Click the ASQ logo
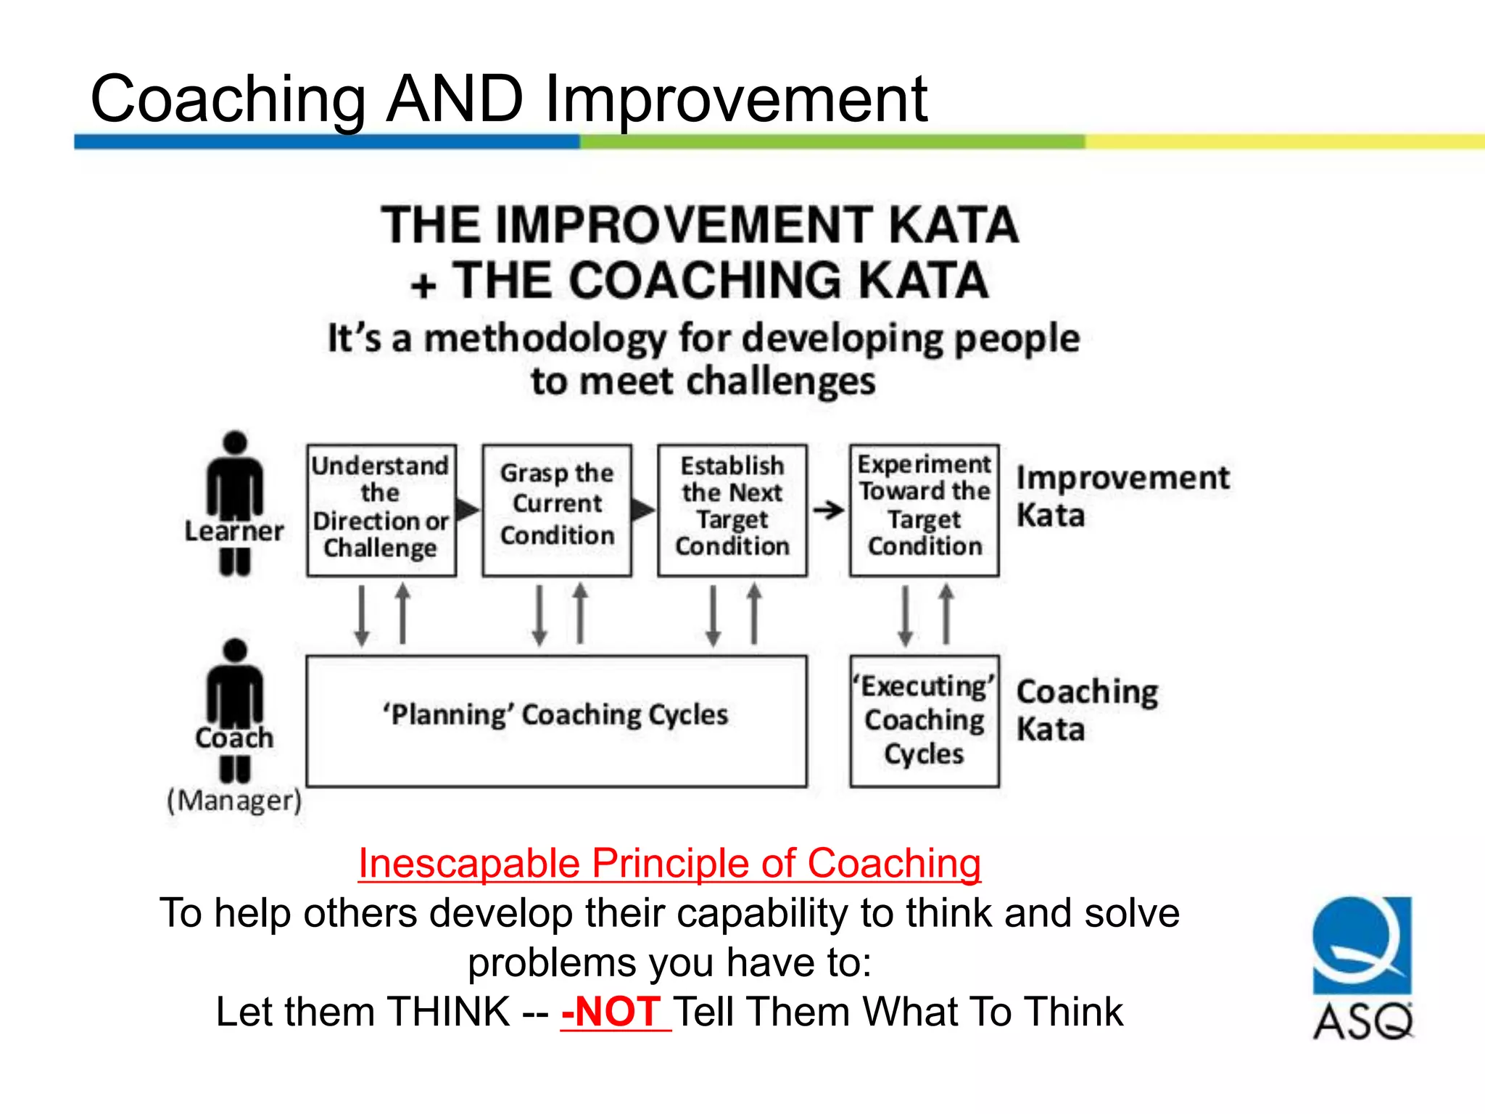1362,968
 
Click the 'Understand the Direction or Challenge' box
381,510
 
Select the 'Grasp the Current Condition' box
557,510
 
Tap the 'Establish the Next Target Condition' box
732,510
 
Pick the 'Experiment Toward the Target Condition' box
924,510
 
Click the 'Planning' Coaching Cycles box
556,721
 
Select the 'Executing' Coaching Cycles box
924,721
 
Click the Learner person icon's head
235,443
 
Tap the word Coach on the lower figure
234,738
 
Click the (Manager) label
234,801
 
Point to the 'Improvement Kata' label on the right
1122,496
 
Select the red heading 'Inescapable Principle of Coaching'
669,863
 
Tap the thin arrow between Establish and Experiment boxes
828,510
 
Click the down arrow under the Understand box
362,616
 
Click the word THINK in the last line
449,1012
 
